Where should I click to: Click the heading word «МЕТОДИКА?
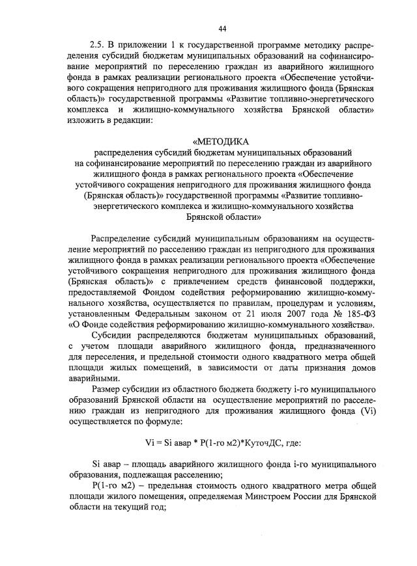coord(221,141)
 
